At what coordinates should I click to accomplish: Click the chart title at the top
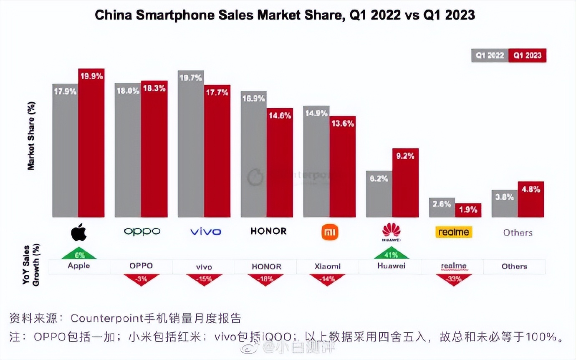(285, 15)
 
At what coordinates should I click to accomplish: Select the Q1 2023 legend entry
(528, 56)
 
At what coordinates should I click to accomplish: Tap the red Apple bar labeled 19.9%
(91, 146)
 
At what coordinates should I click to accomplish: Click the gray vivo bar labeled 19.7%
(191, 146)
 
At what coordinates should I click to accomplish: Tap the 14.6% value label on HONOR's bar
(280, 116)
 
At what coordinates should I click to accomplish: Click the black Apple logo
(79, 232)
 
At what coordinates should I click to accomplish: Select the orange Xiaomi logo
(330, 232)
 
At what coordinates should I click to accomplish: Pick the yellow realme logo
(454, 232)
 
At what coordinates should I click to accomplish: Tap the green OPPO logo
(142, 231)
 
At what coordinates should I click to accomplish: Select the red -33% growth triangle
(454, 279)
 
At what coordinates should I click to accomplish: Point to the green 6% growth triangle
(79, 254)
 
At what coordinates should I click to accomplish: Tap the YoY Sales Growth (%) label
(31, 265)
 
